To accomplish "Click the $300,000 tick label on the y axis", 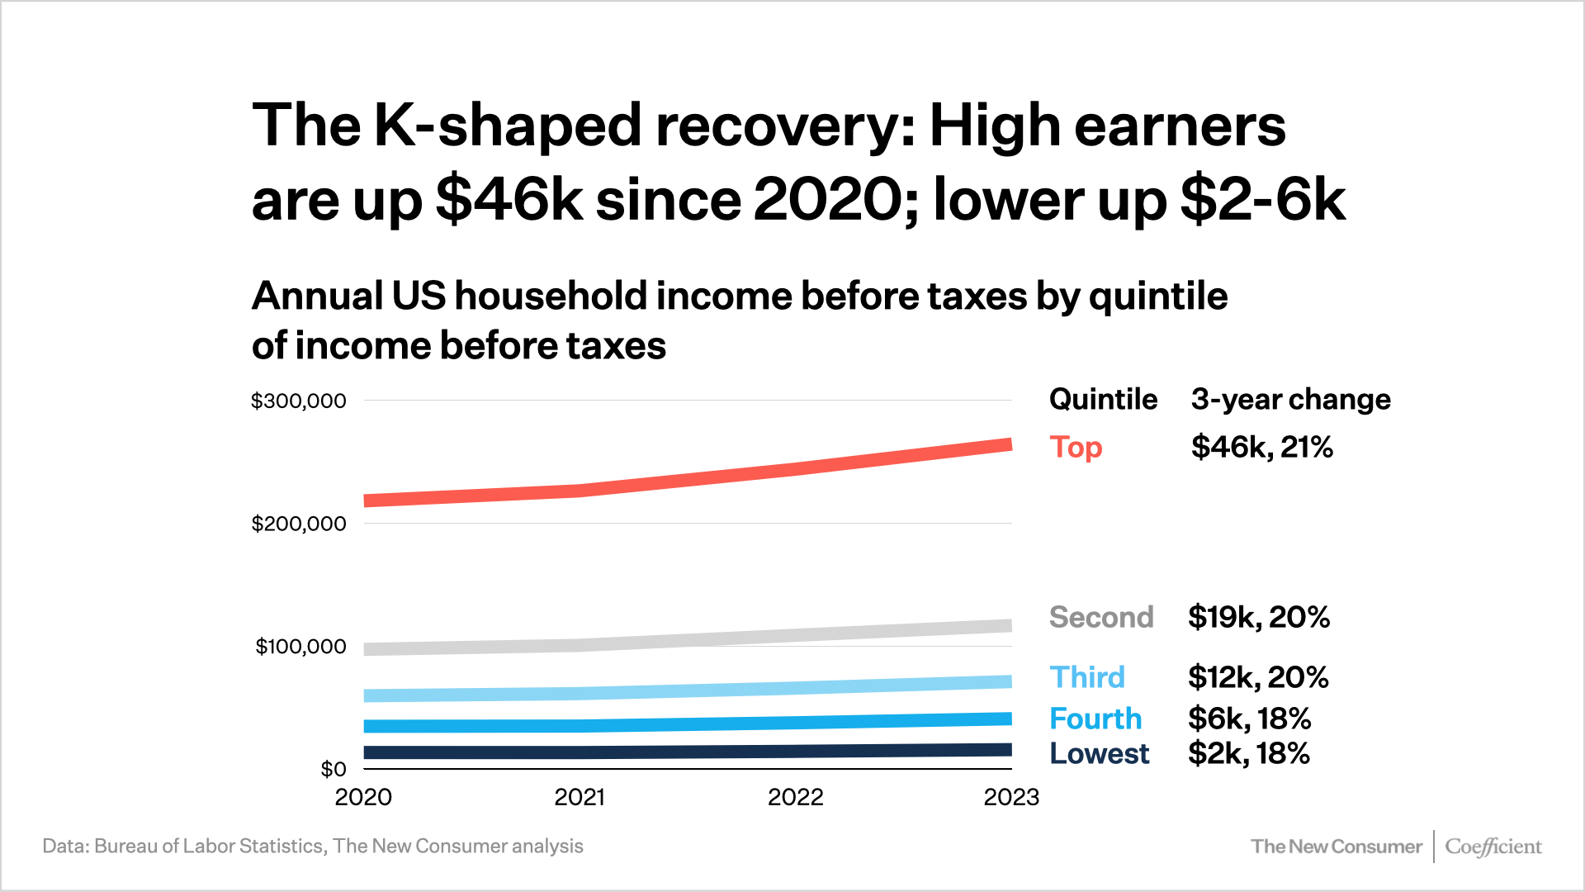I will (x=298, y=401).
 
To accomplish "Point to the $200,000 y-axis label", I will (x=298, y=524).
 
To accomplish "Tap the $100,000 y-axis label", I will (x=300, y=647).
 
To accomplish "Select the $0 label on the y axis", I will (x=334, y=770).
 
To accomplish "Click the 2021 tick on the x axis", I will (x=580, y=798).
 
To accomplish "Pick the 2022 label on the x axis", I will (x=795, y=798).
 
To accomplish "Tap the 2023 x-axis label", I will (x=1010, y=798).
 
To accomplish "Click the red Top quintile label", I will (x=1076, y=448).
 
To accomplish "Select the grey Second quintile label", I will (x=1100, y=618).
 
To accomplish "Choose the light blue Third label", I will (x=1087, y=677).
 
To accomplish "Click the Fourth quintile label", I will (x=1095, y=719).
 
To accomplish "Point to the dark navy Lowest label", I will (x=1099, y=753).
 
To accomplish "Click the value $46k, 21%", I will (x=1261, y=448).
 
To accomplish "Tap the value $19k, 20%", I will (x=1258, y=618).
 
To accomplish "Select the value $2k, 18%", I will (x=1248, y=753).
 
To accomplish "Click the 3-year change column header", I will (x=1290, y=400).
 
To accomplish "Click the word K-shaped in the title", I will (x=507, y=126).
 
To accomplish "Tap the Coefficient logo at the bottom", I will (x=1493, y=847).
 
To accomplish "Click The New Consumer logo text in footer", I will (x=1336, y=847).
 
